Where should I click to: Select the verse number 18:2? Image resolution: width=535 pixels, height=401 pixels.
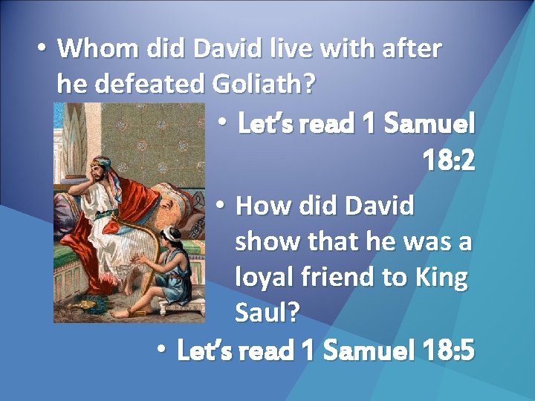(x=448, y=159)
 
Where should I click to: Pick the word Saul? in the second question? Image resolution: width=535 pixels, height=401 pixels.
(x=267, y=313)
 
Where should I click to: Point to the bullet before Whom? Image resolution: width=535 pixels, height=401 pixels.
(x=42, y=49)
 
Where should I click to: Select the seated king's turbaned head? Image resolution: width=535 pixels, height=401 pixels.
(x=102, y=167)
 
